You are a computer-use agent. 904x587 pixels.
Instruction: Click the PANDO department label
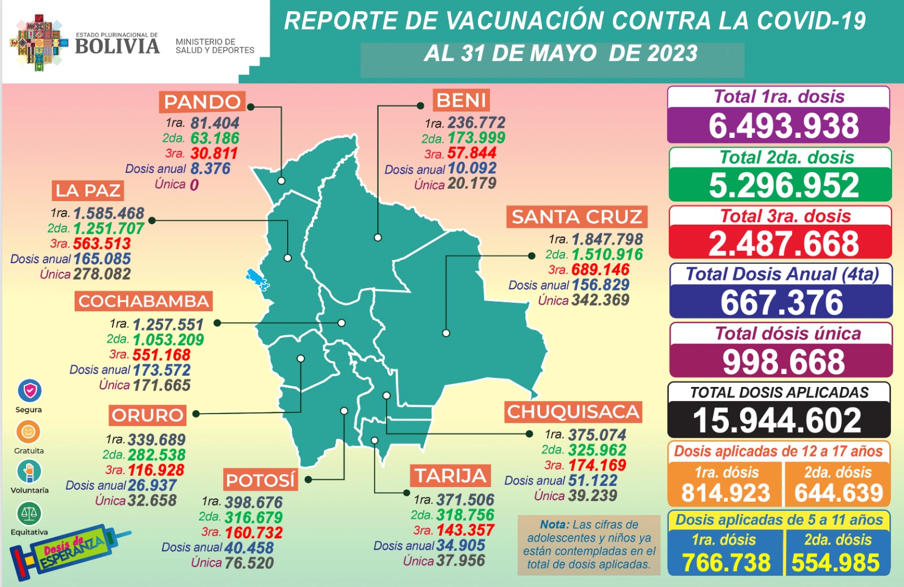tap(202, 102)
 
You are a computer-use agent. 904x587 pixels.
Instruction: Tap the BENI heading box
tap(461, 101)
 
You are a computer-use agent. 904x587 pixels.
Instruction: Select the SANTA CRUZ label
tap(576, 217)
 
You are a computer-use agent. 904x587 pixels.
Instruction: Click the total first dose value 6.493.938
tap(783, 125)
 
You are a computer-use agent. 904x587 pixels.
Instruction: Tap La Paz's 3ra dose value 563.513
tap(102, 244)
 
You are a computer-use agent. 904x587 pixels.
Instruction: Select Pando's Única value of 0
tap(194, 185)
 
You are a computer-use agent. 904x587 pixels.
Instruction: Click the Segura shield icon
tap(29, 390)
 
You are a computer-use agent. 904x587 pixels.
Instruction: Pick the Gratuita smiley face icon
tap(28, 432)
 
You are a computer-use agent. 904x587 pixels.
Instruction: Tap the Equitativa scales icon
tap(29, 513)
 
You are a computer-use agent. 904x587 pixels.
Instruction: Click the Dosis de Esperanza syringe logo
tap(68, 551)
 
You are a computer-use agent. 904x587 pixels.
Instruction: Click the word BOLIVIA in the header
tap(117, 46)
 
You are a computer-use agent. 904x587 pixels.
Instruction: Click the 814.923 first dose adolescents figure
tap(725, 493)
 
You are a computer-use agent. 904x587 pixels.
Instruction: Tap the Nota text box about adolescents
tap(589, 544)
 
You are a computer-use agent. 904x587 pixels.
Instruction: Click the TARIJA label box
tap(450, 476)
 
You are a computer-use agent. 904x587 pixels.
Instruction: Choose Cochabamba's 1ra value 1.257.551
tap(168, 325)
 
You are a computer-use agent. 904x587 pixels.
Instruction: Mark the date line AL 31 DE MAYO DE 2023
tap(560, 54)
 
